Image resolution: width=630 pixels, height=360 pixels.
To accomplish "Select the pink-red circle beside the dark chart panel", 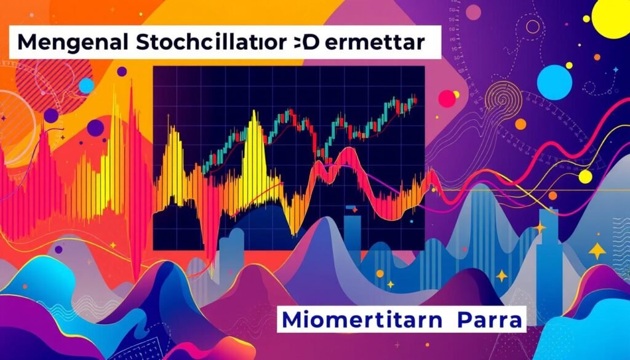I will pos(448,98).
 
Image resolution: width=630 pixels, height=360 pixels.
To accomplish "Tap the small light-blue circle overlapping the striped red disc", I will pos(87,85).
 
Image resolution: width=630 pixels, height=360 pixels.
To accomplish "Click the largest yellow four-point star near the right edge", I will pos(597,250).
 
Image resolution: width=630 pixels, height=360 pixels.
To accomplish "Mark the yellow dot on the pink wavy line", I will pos(584,177).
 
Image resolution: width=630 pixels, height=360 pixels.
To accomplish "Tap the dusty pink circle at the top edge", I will pos(473,10).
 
